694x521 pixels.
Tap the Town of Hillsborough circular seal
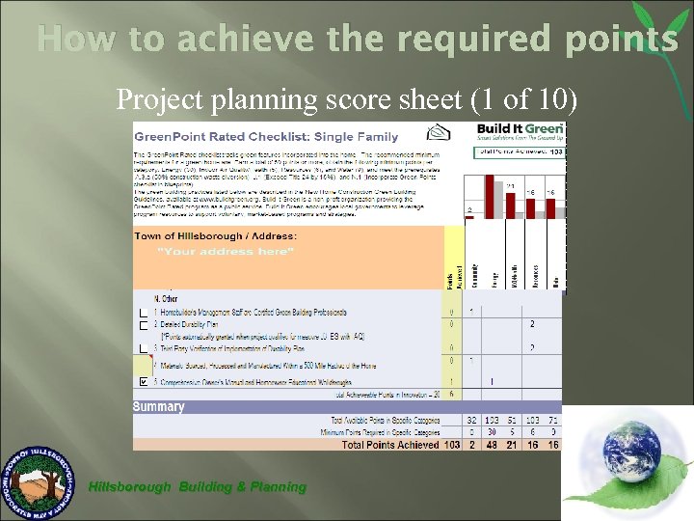[40, 481]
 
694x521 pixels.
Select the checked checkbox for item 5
[143, 382]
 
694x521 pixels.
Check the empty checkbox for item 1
[143, 313]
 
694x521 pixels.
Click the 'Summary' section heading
[159, 407]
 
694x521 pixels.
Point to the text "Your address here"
[225, 252]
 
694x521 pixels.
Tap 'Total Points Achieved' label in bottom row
[391, 444]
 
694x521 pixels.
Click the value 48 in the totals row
[492, 444]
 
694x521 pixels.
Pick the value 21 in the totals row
[512, 444]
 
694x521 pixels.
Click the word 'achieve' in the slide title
[255, 40]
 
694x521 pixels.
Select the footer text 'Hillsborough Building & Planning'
[197, 487]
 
